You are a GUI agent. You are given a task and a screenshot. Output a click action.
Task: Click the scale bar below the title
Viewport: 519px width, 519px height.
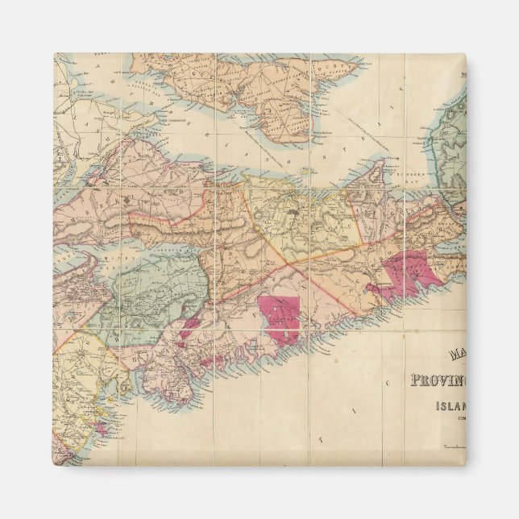(x=451, y=446)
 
